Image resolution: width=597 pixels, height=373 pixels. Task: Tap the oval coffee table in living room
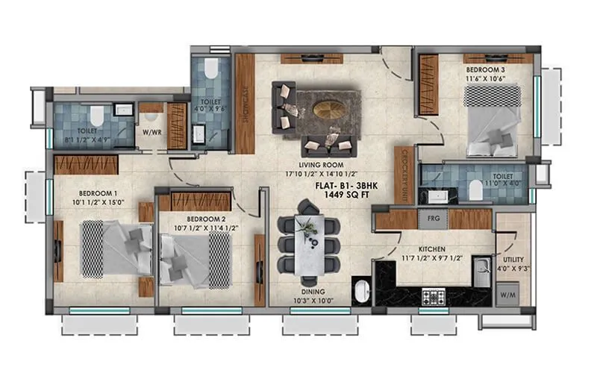[328, 110]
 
